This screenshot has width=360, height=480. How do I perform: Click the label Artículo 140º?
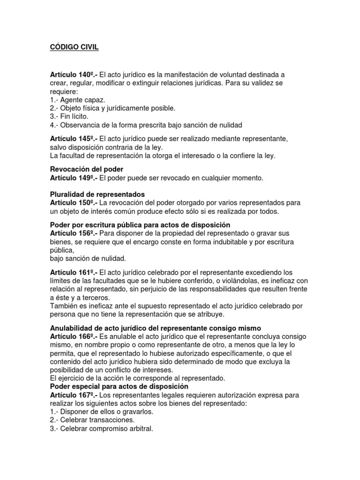[x=73, y=75]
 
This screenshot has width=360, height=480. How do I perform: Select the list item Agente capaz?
[x=78, y=100]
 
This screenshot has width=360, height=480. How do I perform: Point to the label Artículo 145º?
[x=73, y=139]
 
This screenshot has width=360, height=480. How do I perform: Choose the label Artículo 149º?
[x=73, y=178]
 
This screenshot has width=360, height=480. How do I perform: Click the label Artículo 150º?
[x=73, y=202]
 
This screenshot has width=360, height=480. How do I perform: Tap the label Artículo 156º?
[x=73, y=233]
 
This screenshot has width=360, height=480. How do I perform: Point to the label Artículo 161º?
[x=73, y=272]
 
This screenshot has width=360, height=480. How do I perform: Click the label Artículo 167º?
[x=73, y=395]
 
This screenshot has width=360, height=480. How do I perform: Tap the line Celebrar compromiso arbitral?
[x=101, y=428]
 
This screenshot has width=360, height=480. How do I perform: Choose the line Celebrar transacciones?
[x=92, y=420]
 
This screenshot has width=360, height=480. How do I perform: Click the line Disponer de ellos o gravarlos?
[x=102, y=412]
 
